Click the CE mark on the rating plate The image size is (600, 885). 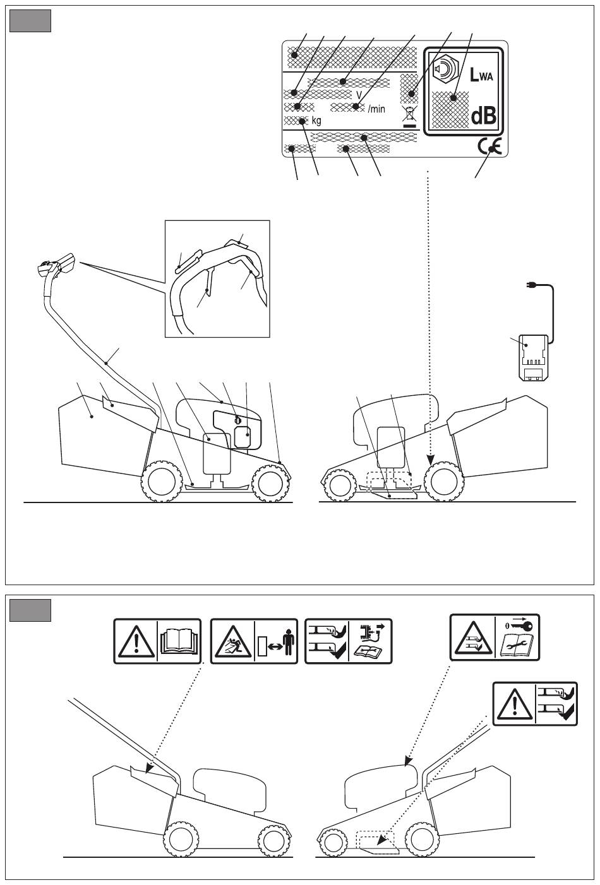tap(489, 147)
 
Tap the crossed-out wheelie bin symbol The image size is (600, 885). tap(410, 116)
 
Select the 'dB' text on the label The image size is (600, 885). tap(484, 116)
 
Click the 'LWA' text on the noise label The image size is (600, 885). tap(481, 74)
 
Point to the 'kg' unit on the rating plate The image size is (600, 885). tap(316, 121)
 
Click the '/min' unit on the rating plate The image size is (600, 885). tap(376, 109)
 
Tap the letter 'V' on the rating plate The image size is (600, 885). tap(359, 95)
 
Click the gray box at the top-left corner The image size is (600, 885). tap(30, 21)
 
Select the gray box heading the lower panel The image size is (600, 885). tap(30, 610)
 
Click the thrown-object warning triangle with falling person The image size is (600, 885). tap(233, 641)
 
